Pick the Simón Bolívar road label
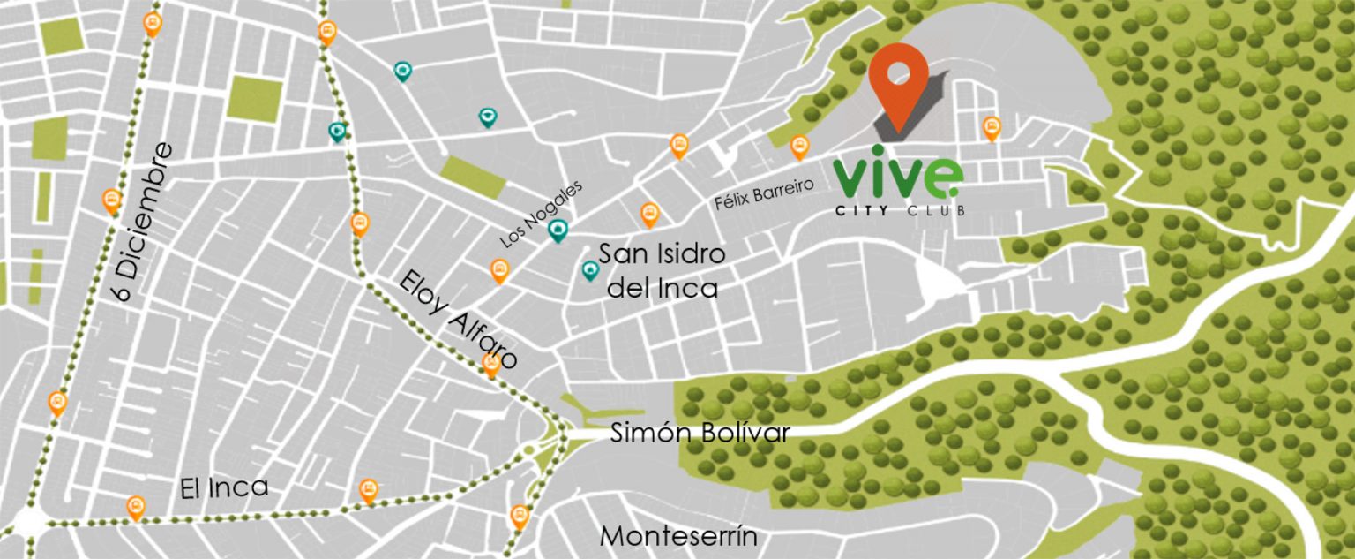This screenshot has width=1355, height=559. (700, 433)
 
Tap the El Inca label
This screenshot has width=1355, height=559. (224, 488)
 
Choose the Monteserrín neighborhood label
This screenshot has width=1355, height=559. (678, 536)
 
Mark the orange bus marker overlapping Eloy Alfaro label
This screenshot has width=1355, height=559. (491, 364)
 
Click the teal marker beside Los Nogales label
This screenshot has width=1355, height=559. (557, 230)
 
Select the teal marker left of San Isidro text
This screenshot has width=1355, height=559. (590, 270)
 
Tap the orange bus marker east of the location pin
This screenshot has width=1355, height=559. (992, 128)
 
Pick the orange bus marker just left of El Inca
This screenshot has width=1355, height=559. (135, 507)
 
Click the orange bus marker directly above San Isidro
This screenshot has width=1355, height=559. (649, 213)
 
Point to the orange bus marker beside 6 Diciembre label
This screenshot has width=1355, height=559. (112, 200)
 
